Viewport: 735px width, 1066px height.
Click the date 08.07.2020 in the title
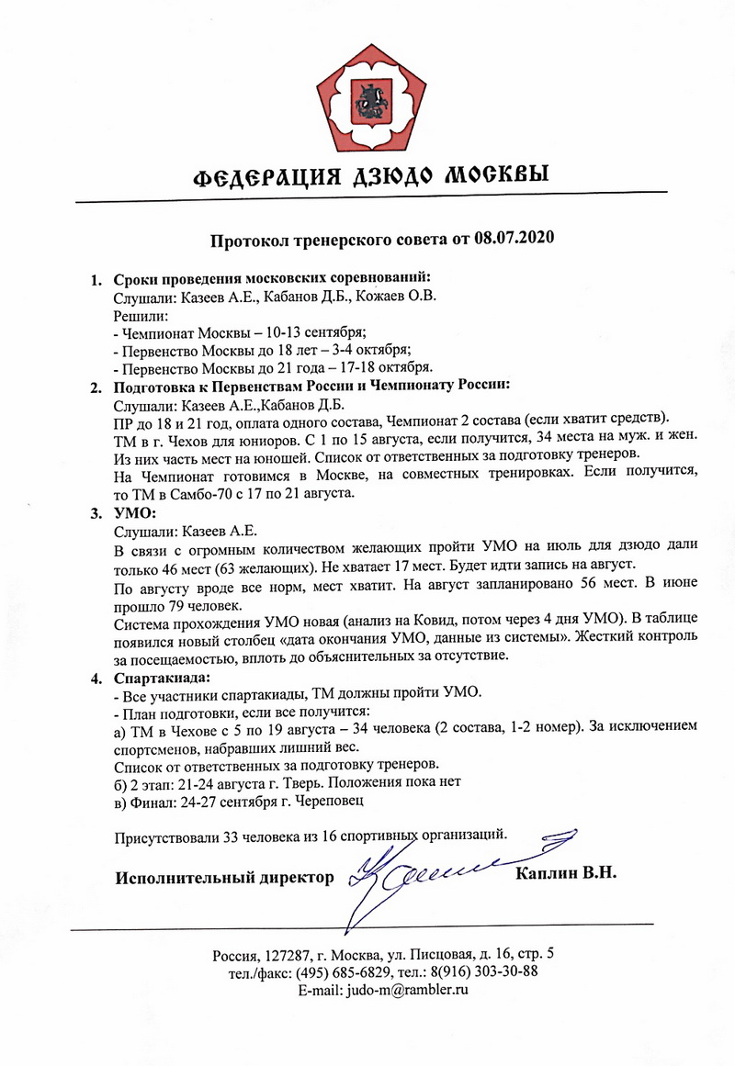(515, 241)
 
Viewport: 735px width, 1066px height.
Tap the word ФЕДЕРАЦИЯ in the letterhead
(255, 175)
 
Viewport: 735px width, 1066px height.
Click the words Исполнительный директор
(224, 879)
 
